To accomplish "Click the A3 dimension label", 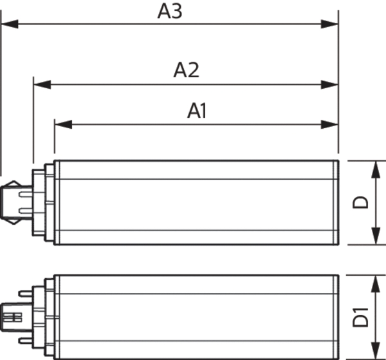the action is click(x=170, y=12).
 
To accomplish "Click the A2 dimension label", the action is click(x=186, y=70).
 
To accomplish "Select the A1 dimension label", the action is click(x=197, y=111).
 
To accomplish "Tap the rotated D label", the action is click(x=360, y=202).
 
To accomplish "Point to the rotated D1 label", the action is click(x=360, y=317).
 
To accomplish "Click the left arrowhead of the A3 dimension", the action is click(x=10, y=24).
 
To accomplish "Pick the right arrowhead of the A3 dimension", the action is click(x=329, y=24).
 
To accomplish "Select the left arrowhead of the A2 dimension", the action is click(x=42, y=84).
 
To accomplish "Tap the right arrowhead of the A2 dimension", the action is click(x=329, y=84).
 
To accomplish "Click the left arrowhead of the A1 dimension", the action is click(x=63, y=124).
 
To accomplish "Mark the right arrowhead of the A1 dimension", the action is click(x=329, y=124).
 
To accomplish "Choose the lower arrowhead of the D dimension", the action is click(x=376, y=236).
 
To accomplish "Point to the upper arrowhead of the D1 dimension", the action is click(x=376, y=284).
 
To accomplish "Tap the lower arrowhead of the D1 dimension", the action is click(x=376, y=350).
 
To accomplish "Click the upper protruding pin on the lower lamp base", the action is click(x=26, y=294).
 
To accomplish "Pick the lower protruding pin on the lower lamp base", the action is click(x=26, y=341).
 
